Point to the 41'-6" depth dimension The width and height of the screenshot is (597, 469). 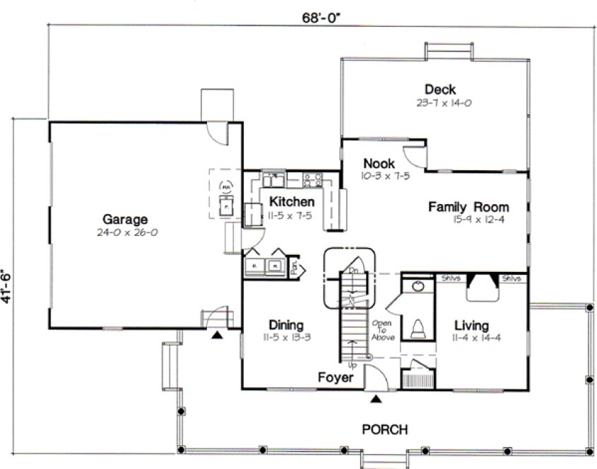(x=8, y=285)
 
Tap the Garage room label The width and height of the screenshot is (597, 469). (x=124, y=218)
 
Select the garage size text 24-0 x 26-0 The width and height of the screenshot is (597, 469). (x=124, y=232)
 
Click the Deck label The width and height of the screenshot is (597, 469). (x=439, y=90)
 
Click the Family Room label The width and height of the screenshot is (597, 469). (x=468, y=207)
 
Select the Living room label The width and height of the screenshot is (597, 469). (x=471, y=326)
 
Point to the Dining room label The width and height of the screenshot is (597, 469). (x=285, y=325)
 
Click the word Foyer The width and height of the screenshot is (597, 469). (x=335, y=378)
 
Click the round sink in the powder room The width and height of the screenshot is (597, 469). (x=417, y=286)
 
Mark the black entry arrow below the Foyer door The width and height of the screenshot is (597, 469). (x=377, y=400)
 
